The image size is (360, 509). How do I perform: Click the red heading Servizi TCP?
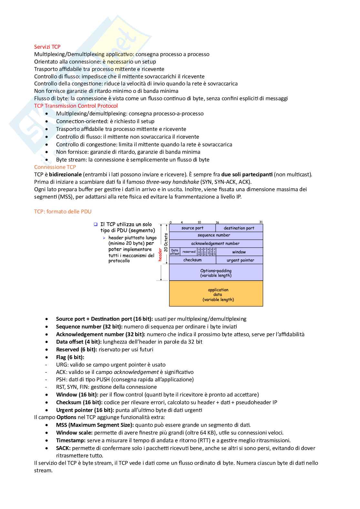(47, 47)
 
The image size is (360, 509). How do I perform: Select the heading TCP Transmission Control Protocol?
(76, 106)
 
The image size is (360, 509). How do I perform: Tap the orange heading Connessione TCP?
(55, 167)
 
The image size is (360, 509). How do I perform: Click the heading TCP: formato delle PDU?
(63, 211)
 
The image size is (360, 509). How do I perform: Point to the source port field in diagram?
(192, 228)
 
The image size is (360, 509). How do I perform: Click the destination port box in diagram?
(239, 228)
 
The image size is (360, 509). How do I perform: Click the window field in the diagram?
(239, 252)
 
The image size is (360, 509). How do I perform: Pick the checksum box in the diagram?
(192, 260)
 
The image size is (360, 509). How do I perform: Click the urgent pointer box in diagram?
(240, 260)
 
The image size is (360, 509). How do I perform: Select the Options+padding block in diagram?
(216, 273)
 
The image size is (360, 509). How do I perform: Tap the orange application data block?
(216, 294)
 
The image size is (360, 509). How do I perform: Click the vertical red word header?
(160, 255)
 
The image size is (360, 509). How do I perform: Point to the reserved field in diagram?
(189, 252)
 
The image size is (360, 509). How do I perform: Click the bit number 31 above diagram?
(261, 222)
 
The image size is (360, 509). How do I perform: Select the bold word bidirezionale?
(65, 174)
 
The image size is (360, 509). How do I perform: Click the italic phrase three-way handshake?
(172, 182)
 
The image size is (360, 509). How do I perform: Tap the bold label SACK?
(63, 448)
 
